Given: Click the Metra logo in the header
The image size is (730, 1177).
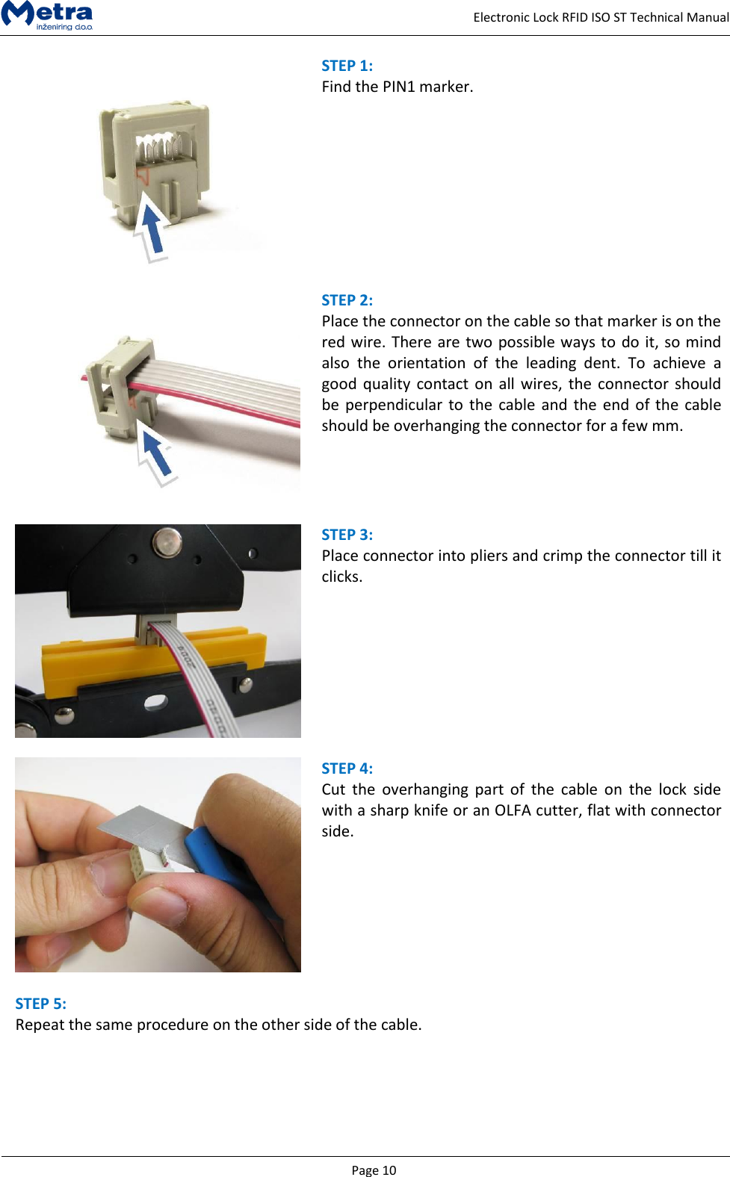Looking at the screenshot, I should click(47, 15).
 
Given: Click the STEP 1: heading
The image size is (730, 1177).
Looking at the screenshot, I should click(347, 66).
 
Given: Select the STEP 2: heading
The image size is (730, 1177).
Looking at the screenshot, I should click(347, 300).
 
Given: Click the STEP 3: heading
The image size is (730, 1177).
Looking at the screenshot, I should click(347, 535).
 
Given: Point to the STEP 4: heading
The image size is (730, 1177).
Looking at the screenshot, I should click(347, 768).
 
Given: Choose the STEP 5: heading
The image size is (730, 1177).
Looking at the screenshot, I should click(40, 1004).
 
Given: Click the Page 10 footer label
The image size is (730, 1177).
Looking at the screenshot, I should click(374, 1170).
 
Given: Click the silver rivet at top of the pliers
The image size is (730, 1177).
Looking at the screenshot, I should click(166, 541).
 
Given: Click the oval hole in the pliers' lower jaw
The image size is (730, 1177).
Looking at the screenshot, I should click(155, 702).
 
